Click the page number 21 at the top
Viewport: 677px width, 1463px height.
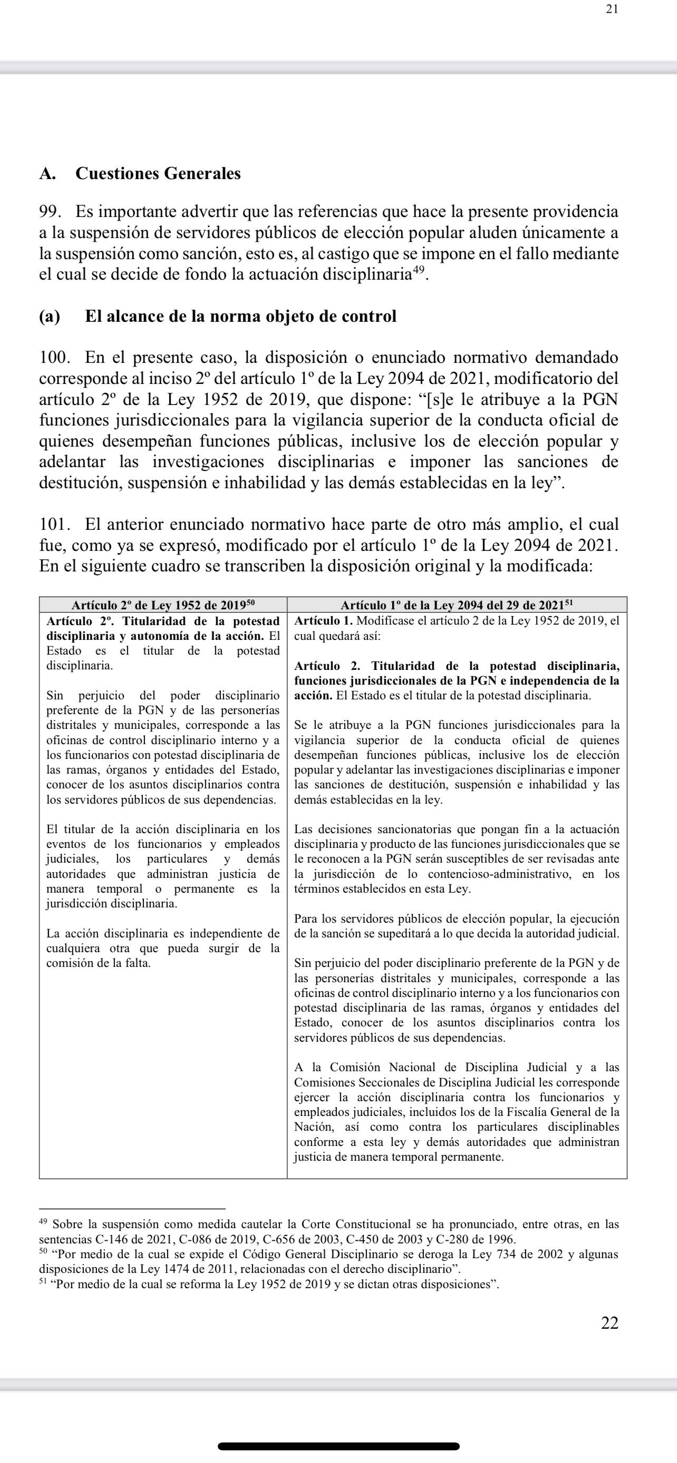[x=612, y=9]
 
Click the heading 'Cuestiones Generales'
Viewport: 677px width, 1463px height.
[x=158, y=173]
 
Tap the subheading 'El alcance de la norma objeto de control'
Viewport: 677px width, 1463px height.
[x=240, y=317]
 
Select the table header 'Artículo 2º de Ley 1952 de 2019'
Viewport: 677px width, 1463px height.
[x=163, y=606]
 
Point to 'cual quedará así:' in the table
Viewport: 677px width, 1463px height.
[x=337, y=636]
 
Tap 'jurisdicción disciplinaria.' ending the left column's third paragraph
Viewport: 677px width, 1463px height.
[x=111, y=904]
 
